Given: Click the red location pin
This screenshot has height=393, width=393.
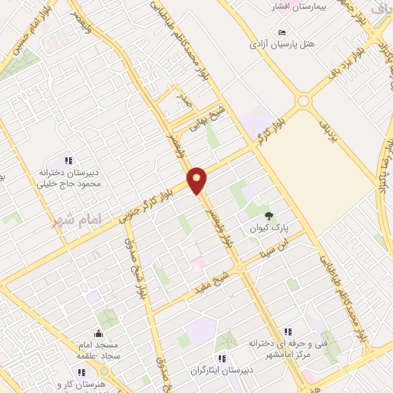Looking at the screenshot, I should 197,180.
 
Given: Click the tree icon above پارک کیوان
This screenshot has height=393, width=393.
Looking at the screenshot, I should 268,216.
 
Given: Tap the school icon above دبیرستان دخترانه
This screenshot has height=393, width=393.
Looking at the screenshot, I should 68,160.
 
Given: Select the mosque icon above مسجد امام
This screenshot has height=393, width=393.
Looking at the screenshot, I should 98,333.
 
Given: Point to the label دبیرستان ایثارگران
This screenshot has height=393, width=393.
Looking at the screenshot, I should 221,371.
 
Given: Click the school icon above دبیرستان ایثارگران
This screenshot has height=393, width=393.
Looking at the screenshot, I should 221,358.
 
